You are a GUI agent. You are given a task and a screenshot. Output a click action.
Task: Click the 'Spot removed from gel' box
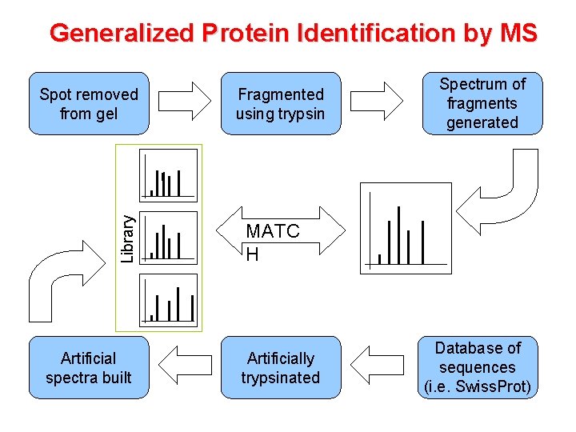click(x=89, y=104)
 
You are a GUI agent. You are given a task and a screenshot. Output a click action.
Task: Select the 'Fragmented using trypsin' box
click(x=281, y=104)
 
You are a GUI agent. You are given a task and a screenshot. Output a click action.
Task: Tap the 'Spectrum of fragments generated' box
click(x=482, y=103)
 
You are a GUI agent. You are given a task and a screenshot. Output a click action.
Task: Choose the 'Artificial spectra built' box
click(x=89, y=367)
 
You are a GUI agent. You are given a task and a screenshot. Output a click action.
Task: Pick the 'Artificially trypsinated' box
click(x=281, y=367)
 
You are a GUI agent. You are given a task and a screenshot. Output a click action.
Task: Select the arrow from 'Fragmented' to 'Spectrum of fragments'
click(x=378, y=102)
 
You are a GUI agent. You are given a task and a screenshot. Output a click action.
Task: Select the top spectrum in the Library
click(x=169, y=174)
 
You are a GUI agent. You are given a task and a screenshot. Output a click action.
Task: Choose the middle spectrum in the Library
click(x=169, y=237)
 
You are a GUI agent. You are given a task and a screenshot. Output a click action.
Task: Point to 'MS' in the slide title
click(x=518, y=33)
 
